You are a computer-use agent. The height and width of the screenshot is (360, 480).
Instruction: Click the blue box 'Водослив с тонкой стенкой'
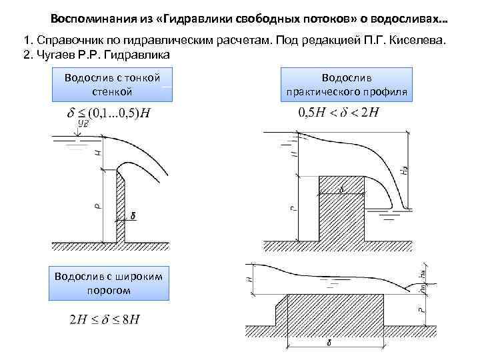click(x=112, y=85)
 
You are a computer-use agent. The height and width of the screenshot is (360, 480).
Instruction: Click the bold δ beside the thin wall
click(x=133, y=215)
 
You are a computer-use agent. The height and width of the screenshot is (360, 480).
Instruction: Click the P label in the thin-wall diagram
click(x=97, y=206)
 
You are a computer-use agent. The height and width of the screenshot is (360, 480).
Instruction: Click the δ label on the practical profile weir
click(x=341, y=190)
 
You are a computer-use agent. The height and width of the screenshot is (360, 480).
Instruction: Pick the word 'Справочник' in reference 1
click(x=64, y=41)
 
